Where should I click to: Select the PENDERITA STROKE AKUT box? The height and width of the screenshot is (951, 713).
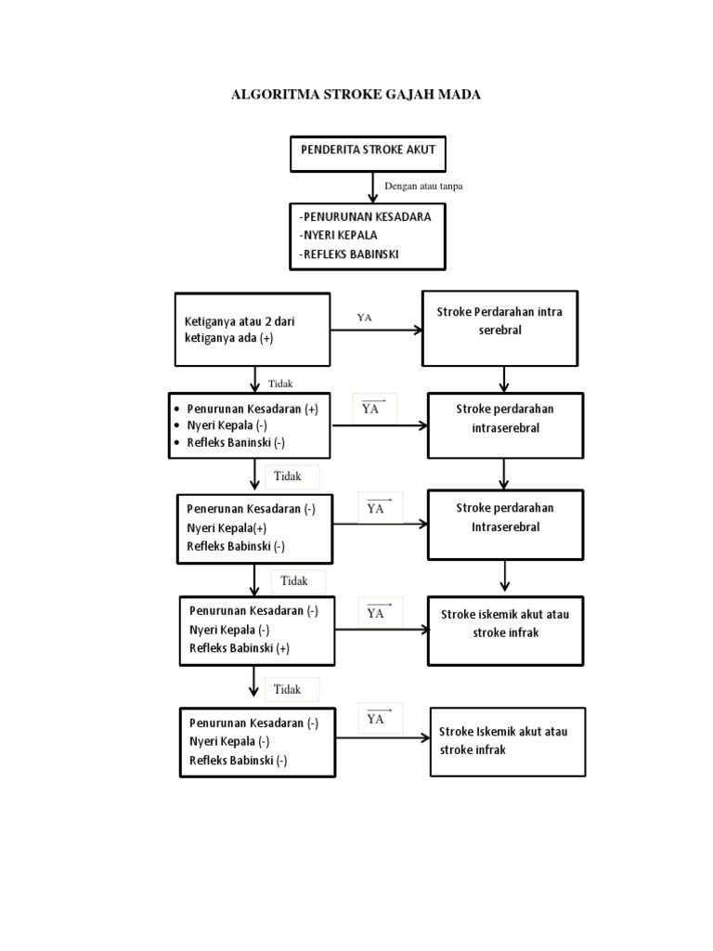[x=368, y=153]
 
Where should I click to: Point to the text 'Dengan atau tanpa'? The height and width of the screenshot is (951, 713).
[x=423, y=186]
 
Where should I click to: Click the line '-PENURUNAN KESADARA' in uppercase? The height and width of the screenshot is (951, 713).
[x=365, y=216]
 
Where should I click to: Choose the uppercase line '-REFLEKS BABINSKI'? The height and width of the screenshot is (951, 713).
[x=349, y=254]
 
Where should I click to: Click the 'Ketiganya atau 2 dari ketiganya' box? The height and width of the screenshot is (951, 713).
[x=252, y=330]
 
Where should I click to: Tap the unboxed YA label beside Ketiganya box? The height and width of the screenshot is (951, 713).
[x=365, y=318]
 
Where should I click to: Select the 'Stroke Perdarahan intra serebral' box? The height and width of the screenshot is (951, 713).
[x=503, y=329]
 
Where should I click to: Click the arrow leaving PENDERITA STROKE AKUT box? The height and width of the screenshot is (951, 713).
[x=373, y=187]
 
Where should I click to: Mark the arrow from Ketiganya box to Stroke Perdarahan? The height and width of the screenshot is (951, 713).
[x=376, y=330]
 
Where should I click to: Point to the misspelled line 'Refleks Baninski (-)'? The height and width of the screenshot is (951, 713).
[x=236, y=443]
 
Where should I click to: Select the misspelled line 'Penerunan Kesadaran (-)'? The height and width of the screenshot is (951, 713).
[x=251, y=510]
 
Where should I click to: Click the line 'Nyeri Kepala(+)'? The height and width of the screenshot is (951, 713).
[x=227, y=528]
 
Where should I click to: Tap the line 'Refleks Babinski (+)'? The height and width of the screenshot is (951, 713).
[x=240, y=648]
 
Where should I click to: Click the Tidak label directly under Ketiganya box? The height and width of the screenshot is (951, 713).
[x=279, y=383]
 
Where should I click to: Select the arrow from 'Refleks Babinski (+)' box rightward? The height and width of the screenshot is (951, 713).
[x=382, y=630]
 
